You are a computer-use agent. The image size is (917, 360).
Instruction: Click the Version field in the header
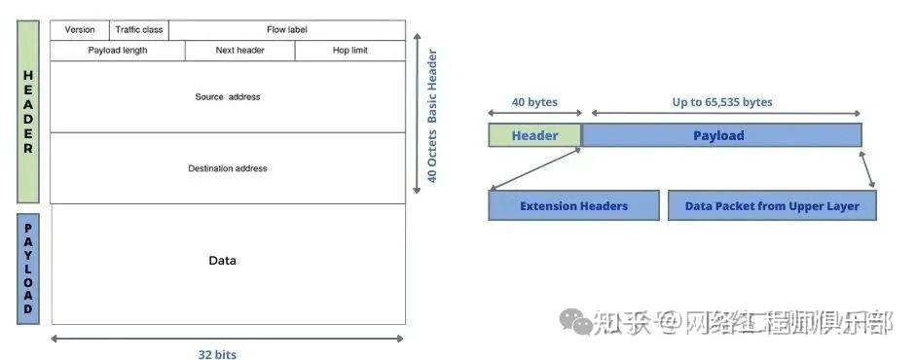tap(80, 30)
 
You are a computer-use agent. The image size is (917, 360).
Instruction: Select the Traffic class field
tap(139, 30)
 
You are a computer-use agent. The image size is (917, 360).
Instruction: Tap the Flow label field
tap(286, 30)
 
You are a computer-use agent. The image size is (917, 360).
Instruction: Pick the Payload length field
tap(117, 51)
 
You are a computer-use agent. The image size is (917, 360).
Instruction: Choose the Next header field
tap(239, 51)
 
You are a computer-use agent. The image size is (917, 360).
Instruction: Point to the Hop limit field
tap(349, 51)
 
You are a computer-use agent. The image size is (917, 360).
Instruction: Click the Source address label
tap(228, 97)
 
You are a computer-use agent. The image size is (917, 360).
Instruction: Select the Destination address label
tap(228, 168)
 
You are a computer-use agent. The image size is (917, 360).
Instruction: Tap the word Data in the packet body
tap(223, 261)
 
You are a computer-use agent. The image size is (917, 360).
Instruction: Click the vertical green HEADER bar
tap(28, 112)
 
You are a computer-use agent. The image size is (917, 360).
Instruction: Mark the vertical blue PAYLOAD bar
tap(28, 268)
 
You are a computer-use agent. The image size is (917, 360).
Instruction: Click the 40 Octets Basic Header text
tap(433, 117)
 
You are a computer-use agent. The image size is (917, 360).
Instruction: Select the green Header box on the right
tap(534, 135)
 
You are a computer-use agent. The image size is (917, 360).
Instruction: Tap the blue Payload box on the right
tap(719, 135)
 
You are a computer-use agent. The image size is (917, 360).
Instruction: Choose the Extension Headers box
tap(573, 206)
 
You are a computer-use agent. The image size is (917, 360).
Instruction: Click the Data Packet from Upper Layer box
tap(772, 206)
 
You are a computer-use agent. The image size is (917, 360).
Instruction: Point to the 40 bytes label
tap(534, 102)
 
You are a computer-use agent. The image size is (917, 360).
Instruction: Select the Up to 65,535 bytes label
tap(722, 102)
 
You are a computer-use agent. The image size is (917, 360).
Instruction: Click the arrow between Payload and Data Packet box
tap(867, 168)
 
